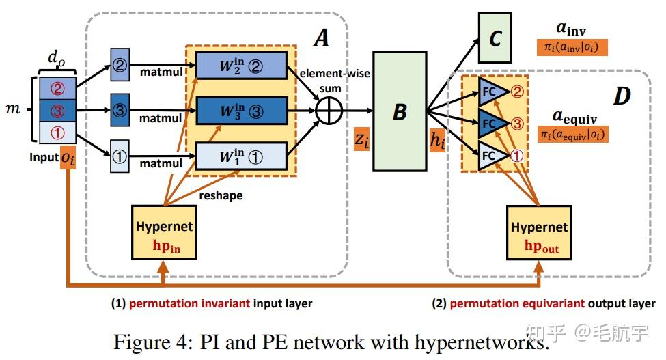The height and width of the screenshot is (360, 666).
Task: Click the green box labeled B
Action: [x=400, y=111]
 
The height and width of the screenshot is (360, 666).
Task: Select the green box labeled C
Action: [x=495, y=38]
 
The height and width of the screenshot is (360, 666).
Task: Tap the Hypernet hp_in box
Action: [x=164, y=232]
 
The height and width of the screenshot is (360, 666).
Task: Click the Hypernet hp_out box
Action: [x=539, y=233]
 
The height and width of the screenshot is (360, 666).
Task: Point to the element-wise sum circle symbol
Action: [x=329, y=111]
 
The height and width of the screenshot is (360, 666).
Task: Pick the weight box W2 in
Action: [x=241, y=66]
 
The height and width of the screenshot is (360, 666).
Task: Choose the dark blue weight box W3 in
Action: [x=241, y=111]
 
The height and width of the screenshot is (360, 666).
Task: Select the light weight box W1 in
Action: [x=241, y=156]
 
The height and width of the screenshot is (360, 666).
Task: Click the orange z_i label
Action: [x=362, y=139]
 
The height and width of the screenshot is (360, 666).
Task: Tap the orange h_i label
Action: [x=437, y=139]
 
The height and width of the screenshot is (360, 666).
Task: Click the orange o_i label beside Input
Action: [x=68, y=158]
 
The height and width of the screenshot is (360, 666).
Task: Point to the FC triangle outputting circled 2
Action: [x=494, y=91]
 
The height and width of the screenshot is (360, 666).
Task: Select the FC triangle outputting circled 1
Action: [x=494, y=156]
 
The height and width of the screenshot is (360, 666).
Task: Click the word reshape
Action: [x=221, y=195]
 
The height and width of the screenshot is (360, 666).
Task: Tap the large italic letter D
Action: [x=622, y=96]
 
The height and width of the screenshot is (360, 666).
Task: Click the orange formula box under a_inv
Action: [x=572, y=48]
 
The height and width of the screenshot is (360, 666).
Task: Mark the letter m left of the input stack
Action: [x=13, y=109]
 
